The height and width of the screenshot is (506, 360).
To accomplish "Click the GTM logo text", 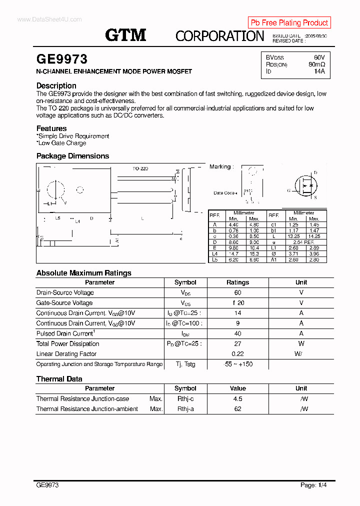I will click(x=125, y=35).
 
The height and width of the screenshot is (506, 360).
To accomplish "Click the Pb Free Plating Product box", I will click(x=289, y=22).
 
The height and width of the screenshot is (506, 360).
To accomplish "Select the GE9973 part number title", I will click(x=62, y=59).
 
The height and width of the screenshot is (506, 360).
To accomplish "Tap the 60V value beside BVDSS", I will click(x=319, y=57).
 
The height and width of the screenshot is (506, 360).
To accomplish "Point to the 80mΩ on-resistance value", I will click(x=316, y=64).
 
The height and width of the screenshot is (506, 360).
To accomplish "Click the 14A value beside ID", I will click(x=319, y=71).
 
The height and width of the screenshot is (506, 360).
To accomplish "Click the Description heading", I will click(x=56, y=85).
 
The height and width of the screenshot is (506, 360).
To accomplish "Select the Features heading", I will click(x=51, y=128).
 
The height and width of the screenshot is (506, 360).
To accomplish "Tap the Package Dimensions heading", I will click(x=72, y=156).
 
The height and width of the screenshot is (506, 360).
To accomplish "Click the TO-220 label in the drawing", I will click(x=140, y=169).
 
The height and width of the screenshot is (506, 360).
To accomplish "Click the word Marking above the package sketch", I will click(x=220, y=166).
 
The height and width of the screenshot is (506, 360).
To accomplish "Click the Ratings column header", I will click(x=237, y=282).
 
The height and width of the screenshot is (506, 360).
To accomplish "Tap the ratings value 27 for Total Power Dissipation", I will click(x=237, y=344).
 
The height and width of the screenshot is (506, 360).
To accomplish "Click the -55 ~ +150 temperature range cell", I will click(x=237, y=364).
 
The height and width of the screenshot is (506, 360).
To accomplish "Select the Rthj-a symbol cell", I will click(x=185, y=409).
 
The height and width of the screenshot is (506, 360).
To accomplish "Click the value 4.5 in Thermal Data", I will click(x=237, y=399).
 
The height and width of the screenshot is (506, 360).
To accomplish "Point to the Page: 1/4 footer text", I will click(x=313, y=485).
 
